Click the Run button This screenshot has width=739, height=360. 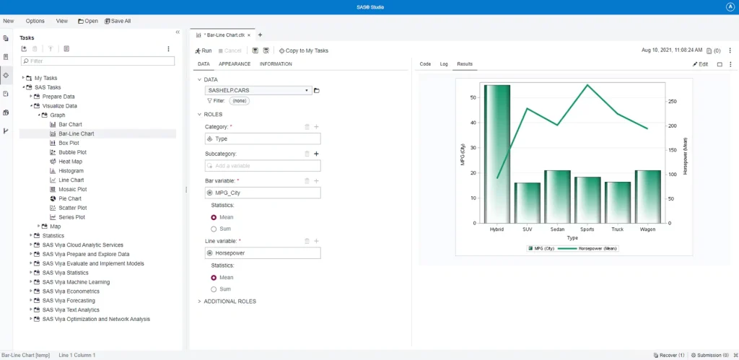[x=203, y=51]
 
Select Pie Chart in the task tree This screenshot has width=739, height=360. [x=69, y=198]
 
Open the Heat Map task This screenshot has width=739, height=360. [x=70, y=162]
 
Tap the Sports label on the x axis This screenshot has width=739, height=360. [x=587, y=229]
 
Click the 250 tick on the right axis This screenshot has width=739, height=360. [x=673, y=102]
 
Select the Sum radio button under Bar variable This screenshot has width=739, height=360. [x=214, y=229]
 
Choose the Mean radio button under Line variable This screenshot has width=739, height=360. [x=214, y=277]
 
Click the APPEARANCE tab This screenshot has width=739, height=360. [x=235, y=64]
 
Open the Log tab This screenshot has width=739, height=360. [x=444, y=64]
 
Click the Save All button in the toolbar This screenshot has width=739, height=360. [x=118, y=21]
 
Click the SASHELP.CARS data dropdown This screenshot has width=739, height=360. [x=258, y=90]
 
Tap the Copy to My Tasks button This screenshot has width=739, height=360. [x=303, y=51]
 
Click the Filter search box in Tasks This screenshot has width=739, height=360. [x=98, y=61]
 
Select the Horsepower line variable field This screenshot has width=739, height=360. [x=263, y=253]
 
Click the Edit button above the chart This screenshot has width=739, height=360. [x=700, y=64]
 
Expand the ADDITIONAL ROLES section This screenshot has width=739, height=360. [x=229, y=301]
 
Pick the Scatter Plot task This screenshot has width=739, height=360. [x=71, y=208]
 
